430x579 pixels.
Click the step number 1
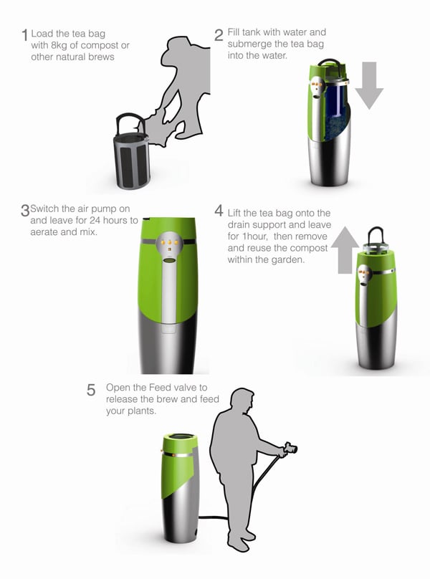pos(25,36)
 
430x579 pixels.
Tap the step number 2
pos(219,35)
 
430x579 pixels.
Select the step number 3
pos(25,211)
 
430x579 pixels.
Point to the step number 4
pos(219,211)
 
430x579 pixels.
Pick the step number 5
pos(91,390)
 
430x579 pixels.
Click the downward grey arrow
pos(369,85)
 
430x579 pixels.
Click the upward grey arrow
pos(345,250)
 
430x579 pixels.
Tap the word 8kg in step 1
pos(59,46)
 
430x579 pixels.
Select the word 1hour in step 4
pos(255,236)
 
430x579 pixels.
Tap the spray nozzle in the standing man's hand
pos(290,449)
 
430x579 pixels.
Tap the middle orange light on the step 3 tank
pos(170,242)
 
